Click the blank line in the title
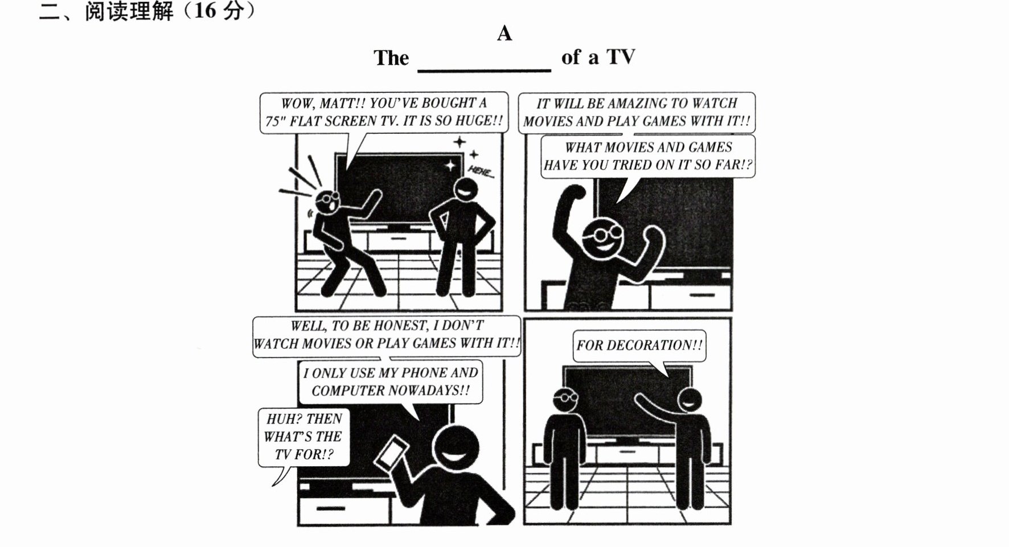coord(485,71)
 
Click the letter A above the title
coord(504,34)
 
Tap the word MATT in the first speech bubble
coord(341,104)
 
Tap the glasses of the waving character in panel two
coord(601,233)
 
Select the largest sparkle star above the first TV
coord(450,165)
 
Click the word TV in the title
coord(621,57)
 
